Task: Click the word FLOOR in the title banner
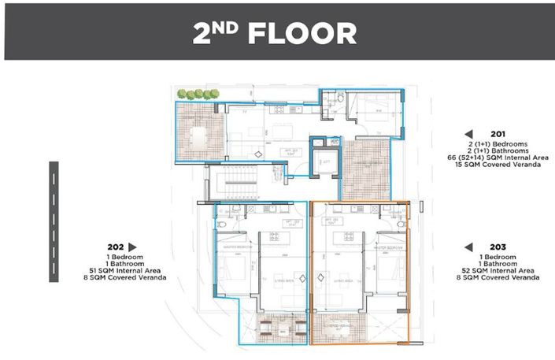pos(302,33)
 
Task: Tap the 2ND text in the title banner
pos(218,33)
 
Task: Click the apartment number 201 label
pos(497,134)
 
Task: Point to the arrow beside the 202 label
pos(132,246)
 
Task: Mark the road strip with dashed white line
pos(54,221)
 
